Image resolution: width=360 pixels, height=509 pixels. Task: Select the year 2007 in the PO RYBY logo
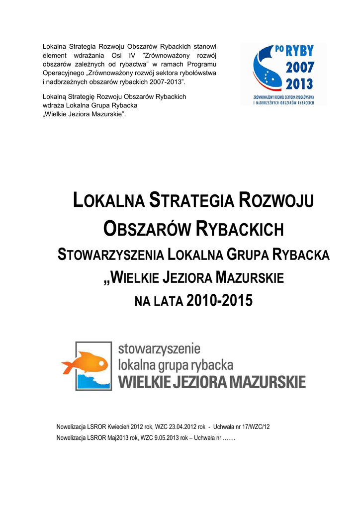(x=299, y=68)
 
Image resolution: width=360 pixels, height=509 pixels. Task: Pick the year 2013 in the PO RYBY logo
(x=299, y=83)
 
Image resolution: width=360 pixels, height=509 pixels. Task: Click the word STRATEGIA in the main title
(x=192, y=202)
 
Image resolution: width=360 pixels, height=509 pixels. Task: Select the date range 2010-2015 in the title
(x=219, y=300)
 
